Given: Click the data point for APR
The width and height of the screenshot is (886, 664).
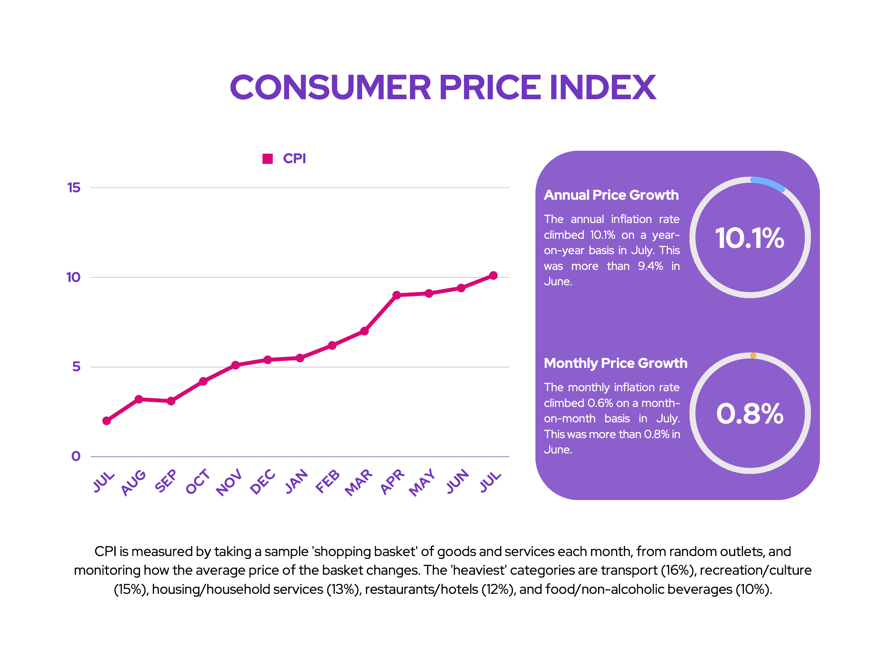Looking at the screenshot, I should (x=397, y=295).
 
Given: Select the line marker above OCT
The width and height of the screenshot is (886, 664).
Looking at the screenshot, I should (x=203, y=382).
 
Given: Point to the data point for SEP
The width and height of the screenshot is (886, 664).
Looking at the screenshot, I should (x=171, y=401).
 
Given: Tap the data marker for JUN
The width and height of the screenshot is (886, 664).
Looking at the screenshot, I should (x=461, y=288).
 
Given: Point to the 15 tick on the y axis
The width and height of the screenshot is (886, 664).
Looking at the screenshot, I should (x=74, y=188).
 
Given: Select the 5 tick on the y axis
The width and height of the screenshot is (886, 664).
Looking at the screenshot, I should (x=76, y=367).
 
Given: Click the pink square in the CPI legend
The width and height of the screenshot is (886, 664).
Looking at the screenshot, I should (x=268, y=159).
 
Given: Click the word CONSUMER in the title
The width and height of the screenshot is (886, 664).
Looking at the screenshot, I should (x=331, y=88).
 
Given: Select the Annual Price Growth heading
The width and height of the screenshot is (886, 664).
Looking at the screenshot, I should (x=611, y=195).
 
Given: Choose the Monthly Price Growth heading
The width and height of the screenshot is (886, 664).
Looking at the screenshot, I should (x=615, y=363).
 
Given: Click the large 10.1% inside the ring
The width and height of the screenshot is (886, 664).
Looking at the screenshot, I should (x=749, y=238).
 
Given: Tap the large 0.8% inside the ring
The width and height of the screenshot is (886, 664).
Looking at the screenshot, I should (x=750, y=414).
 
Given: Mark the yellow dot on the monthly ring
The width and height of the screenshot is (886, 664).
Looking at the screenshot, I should (x=753, y=356).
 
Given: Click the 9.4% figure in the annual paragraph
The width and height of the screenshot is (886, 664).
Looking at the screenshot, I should (x=650, y=266).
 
